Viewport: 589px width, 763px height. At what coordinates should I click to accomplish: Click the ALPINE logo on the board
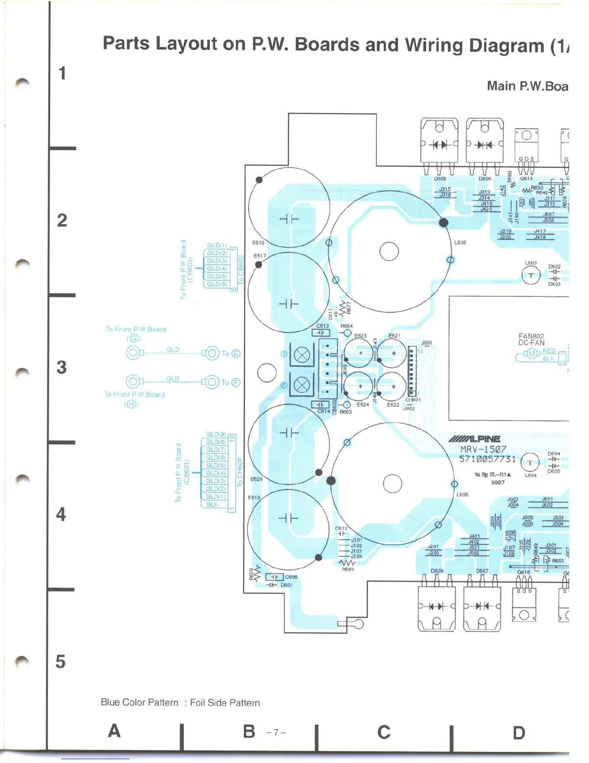point(474,439)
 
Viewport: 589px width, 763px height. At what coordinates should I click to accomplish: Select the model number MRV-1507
point(483,449)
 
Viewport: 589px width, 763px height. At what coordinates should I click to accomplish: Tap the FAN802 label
point(531,336)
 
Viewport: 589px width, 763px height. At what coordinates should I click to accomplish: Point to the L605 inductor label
point(460,243)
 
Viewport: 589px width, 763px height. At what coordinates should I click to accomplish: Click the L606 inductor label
point(462,494)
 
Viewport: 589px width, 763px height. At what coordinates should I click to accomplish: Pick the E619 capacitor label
point(258,243)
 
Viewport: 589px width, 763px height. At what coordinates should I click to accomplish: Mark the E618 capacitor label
point(254,498)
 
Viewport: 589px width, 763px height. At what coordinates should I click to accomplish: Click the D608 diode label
point(440,179)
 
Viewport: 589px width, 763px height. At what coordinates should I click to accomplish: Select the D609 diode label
point(437,571)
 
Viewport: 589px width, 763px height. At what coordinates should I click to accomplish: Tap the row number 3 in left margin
point(62,368)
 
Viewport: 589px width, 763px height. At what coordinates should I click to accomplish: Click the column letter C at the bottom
point(384,732)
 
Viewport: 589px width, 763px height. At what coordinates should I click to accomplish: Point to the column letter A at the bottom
point(114,731)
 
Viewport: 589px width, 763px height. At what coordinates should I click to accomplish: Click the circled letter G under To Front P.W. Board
point(133,339)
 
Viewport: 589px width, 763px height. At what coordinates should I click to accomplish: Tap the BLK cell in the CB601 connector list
point(212,504)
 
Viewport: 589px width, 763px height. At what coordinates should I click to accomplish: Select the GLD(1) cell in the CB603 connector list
point(217,245)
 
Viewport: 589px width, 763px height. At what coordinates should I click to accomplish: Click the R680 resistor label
point(348,569)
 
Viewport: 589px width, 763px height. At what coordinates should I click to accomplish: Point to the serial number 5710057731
point(487,459)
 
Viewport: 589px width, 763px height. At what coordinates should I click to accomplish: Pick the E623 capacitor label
point(360,336)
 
